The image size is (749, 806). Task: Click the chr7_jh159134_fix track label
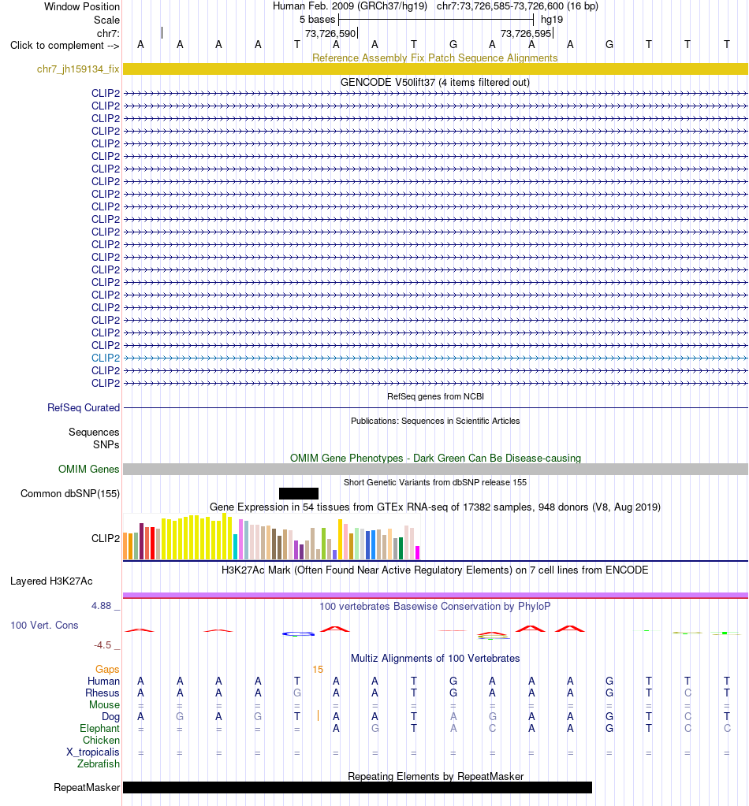point(78,69)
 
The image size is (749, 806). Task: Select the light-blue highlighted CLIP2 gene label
point(106,358)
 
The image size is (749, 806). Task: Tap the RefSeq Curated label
point(84,407)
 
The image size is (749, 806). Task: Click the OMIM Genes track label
point(88,469)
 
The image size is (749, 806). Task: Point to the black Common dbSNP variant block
point(298,493)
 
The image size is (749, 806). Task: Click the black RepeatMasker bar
point(357,788)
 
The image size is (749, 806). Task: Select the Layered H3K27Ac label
point(51,581)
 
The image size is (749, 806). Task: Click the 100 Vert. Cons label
point(44,625)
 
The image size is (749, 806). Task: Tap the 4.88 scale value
point(102,606)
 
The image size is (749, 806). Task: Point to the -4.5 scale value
point(102,644)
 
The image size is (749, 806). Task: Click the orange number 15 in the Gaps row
point(318,669)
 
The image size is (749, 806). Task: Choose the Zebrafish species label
point(99,764)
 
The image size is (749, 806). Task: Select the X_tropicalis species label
point(93,752)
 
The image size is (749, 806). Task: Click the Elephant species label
point(99,728)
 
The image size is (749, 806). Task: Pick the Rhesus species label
point(102,693)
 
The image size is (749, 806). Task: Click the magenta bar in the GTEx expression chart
point(418,552)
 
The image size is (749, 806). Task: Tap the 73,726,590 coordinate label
point(330,33)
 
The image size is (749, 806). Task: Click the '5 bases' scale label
point(318,20)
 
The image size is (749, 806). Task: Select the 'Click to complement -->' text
point(65,45)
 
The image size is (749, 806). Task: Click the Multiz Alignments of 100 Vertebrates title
point(435,658)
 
